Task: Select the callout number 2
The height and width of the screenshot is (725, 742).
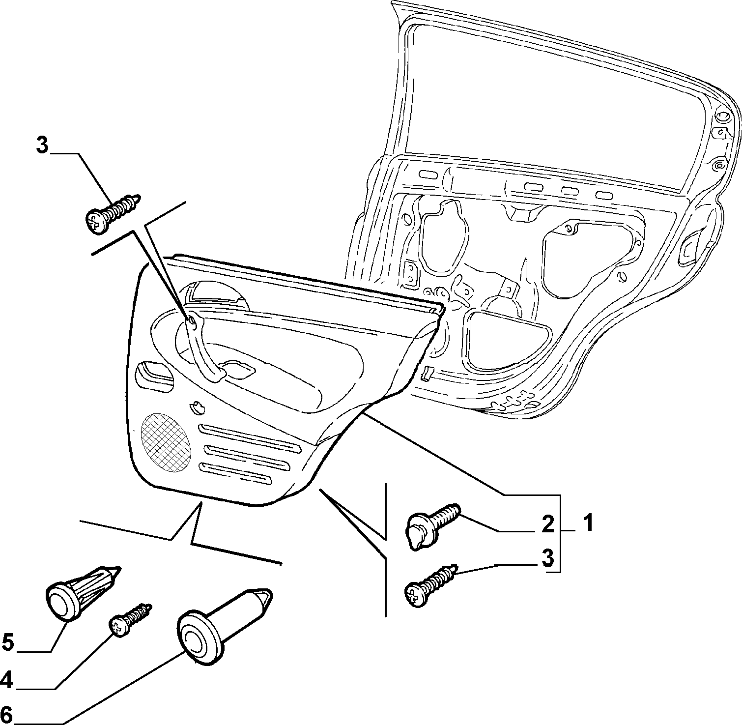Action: [x=547, y=524]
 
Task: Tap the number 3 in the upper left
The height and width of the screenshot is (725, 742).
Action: [x=43, y=145]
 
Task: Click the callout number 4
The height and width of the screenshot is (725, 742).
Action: [x=7, y=680]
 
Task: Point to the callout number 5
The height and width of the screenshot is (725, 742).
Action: [x=8, y=642]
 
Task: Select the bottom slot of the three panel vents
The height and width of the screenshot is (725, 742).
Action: [x=235, y=473]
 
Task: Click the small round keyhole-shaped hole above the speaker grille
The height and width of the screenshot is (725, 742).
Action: [x=198, y=406]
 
